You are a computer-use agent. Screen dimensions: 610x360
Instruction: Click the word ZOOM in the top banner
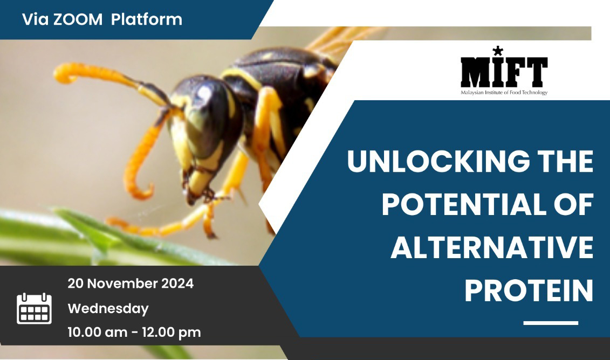78,19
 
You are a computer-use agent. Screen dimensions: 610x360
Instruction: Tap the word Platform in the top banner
147,19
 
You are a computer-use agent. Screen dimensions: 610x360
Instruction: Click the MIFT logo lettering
504,72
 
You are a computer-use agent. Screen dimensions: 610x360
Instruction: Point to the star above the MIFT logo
498,51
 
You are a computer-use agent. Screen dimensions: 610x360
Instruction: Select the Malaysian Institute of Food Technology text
504,93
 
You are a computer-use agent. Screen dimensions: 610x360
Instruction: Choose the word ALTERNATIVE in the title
492,247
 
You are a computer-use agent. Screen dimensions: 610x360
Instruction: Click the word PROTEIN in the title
529,290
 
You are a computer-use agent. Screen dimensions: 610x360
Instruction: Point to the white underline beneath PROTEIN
551,323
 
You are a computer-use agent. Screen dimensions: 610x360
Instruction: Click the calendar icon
34,308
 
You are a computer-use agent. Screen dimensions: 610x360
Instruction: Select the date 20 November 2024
131,283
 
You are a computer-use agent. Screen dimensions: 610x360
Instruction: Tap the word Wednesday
108,309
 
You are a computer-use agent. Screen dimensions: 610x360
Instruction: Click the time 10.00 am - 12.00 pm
134,333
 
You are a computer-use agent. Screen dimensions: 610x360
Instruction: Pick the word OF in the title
574,204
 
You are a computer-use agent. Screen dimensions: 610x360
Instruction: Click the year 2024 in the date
177,283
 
